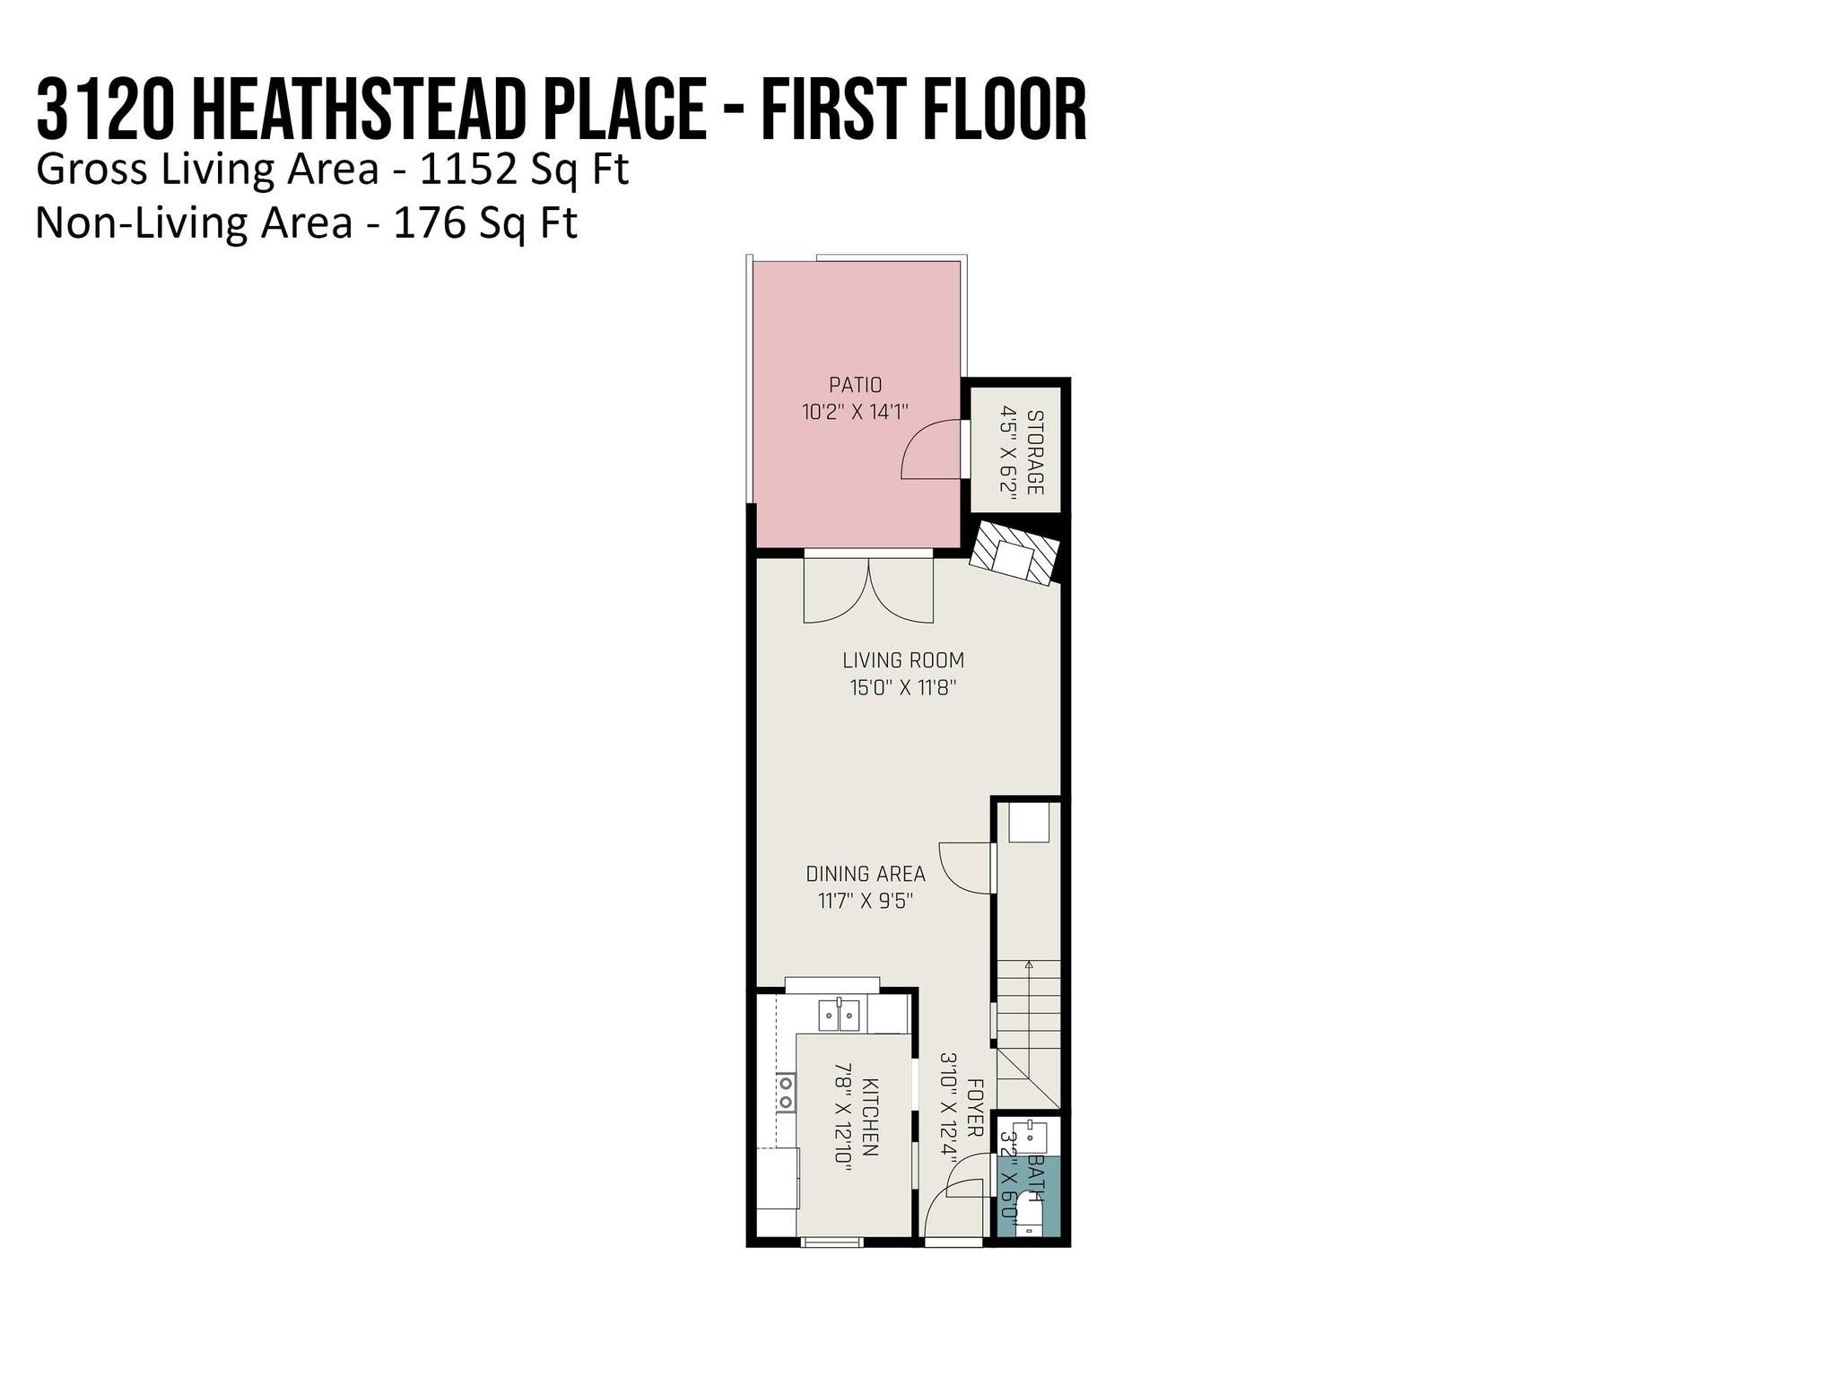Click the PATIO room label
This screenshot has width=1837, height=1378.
click(x=855, y=385)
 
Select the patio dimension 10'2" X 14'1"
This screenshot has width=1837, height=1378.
click(x=855, y=412)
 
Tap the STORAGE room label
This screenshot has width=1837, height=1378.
click(x=1034, y=452)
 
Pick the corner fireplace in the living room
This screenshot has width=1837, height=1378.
click(x=1014, y=554)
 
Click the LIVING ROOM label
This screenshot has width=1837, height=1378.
click(x=903, y=660)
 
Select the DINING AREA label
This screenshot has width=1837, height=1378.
click(x=866, y=874)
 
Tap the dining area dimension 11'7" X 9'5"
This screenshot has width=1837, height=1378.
click(x=866, y=901)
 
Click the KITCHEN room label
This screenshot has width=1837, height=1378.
click(x=869, y=1116)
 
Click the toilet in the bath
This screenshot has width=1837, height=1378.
click(x=1030, y=1217)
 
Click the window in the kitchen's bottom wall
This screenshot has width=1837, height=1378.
click(x=831, y=1243)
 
